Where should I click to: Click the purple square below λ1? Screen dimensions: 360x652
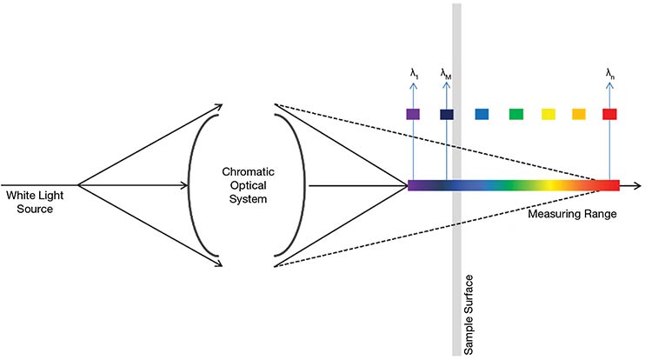tap(414, 114)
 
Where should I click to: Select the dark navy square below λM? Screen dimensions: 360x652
tap(447, 114)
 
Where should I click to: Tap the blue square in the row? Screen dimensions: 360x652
tap(482, 114)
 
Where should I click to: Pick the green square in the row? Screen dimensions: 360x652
tap(516, 114)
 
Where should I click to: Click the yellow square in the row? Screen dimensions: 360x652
tap(548, 114)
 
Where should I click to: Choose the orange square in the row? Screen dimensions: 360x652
tap(578, 114)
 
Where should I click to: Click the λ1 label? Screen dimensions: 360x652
tap(414, 74)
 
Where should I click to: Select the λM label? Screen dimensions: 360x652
tap(446, 74)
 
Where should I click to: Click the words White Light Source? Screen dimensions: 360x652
tap(32, 203)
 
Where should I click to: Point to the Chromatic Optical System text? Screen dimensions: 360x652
tap(247, 185)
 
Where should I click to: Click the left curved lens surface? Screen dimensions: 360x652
tap(194, 185)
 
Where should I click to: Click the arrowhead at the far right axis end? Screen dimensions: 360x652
tap(639, 185)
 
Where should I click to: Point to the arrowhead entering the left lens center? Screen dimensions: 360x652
tap(184, 185)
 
